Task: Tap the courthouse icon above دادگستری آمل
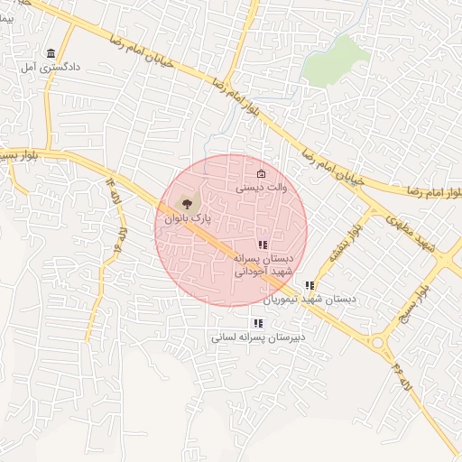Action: point(50,53)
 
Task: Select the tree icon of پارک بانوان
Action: point(187,202)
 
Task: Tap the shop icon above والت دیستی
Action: point(262,174)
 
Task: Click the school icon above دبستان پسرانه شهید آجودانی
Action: point(263,245)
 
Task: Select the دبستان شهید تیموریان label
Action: point(310,299)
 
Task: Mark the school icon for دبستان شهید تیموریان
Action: point(310,285)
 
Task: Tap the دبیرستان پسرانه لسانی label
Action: point(258,337)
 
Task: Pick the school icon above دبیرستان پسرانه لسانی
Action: point(258,323)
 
